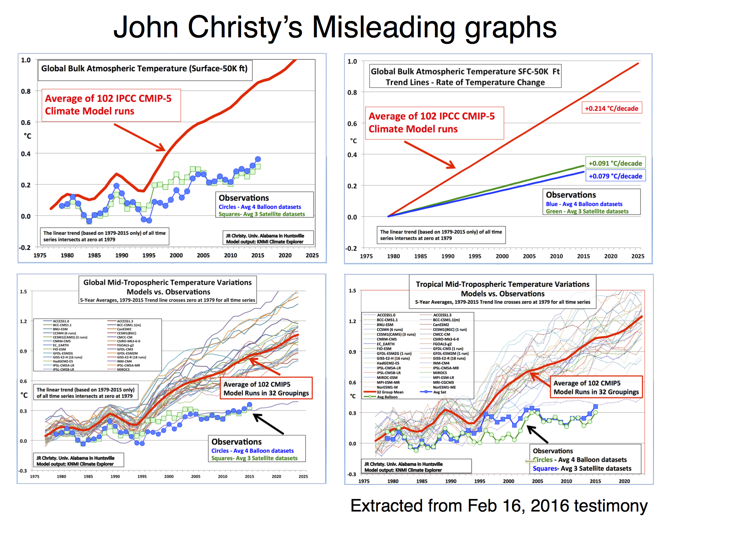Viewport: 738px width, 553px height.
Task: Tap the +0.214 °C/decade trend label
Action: coord(611,108)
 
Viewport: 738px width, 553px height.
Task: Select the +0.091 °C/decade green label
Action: coord(615,163)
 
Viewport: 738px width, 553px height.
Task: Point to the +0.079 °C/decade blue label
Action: coord(615,176)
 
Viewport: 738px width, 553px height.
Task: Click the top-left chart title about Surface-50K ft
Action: coord(144,68)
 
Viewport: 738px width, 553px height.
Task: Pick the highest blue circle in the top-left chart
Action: coord(258,159)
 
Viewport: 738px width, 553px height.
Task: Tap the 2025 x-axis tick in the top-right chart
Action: coord(638,256)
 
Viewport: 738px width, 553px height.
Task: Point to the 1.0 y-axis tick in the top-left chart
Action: coord(26,60)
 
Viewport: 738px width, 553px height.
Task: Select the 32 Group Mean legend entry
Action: coord(390,392)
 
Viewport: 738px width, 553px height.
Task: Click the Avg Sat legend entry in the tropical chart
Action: coord(439,392)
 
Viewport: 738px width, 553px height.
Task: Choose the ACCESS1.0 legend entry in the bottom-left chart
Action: coord(61,321)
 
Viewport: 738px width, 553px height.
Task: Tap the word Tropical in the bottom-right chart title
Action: coord(429,284)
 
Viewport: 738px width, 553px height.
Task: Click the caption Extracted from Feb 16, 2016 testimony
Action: coord(499,506)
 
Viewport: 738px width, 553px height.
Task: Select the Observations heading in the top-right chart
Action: coord(571,195)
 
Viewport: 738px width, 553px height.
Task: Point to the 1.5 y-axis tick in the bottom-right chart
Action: coord(352,291)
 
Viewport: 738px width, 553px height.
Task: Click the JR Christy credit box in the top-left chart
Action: coord(264,238)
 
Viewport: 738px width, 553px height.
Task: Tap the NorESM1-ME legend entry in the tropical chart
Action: coord(444,387)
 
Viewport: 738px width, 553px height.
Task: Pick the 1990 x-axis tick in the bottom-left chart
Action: coord(115,476)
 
